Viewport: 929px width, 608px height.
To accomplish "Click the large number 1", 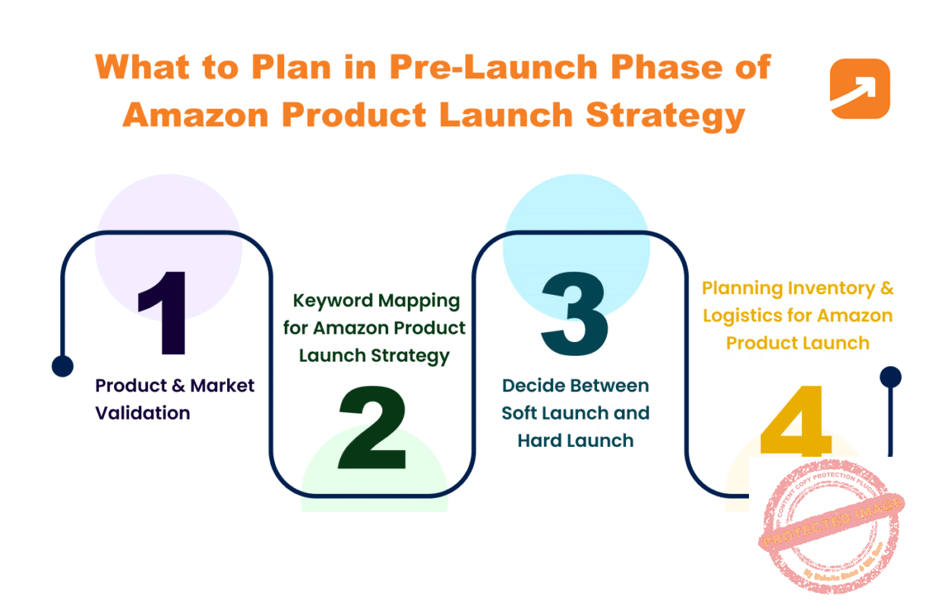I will tap(163, 312).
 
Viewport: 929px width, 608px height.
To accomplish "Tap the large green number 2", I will tap(372, 429).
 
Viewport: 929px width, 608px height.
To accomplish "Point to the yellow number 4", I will tap(795, 422).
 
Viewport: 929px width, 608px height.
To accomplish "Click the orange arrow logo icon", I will tap(859, 88).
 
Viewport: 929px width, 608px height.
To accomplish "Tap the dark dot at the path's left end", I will tap(62, 366).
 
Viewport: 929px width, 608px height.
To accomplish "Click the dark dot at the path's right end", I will tap(890, 376).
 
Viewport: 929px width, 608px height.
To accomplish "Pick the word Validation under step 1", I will tap(142, 413).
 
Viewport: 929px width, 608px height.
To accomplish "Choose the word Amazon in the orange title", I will tap(194, 116).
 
